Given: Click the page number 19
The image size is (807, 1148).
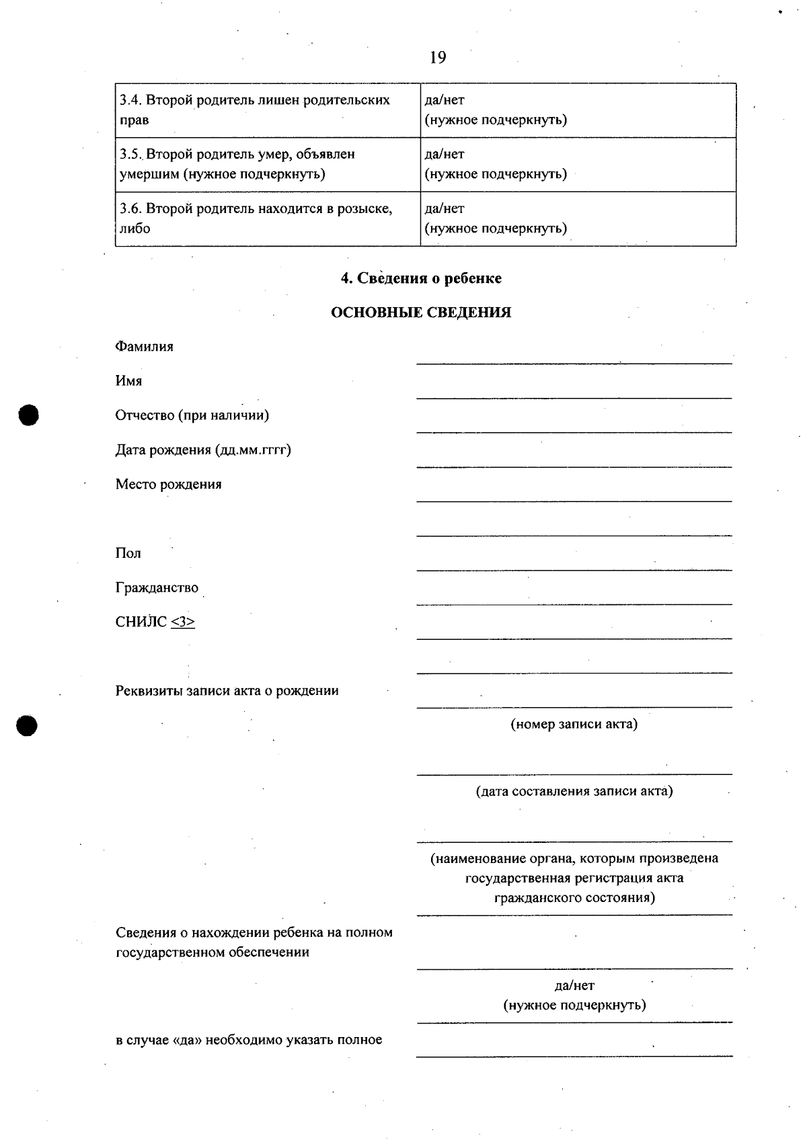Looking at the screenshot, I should [437, 58].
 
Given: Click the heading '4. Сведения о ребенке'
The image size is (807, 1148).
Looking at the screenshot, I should [421, 278].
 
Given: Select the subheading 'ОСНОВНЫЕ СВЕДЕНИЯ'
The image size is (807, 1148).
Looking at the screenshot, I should [421, 313].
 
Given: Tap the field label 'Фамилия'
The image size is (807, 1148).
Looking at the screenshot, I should [145, 347].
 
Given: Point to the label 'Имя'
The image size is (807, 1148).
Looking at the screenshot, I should [128, 381].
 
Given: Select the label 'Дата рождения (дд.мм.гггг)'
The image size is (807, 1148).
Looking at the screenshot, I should [203, 450].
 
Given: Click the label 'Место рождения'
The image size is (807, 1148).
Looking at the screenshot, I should [168, 484].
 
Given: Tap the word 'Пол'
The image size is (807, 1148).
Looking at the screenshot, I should [128, 553].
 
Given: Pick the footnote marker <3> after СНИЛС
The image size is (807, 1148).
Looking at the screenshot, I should [183, 622].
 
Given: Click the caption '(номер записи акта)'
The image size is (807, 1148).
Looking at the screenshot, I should [574, 724].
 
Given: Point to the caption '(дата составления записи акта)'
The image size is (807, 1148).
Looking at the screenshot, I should [574, 791].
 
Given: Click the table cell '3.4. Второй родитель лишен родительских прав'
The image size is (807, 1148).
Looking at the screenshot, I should [268, 110].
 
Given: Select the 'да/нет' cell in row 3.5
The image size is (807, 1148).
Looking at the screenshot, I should [445, 155].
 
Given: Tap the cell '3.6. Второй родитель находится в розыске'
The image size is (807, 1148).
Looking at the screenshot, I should [268, 218].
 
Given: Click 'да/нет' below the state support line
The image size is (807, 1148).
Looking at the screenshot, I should [574, 985].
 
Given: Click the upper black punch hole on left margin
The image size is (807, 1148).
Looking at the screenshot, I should [29, 415].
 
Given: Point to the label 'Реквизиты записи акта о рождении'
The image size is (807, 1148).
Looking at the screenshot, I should [227, 691].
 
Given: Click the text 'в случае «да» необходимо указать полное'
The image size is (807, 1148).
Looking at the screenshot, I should [249, 1040].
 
